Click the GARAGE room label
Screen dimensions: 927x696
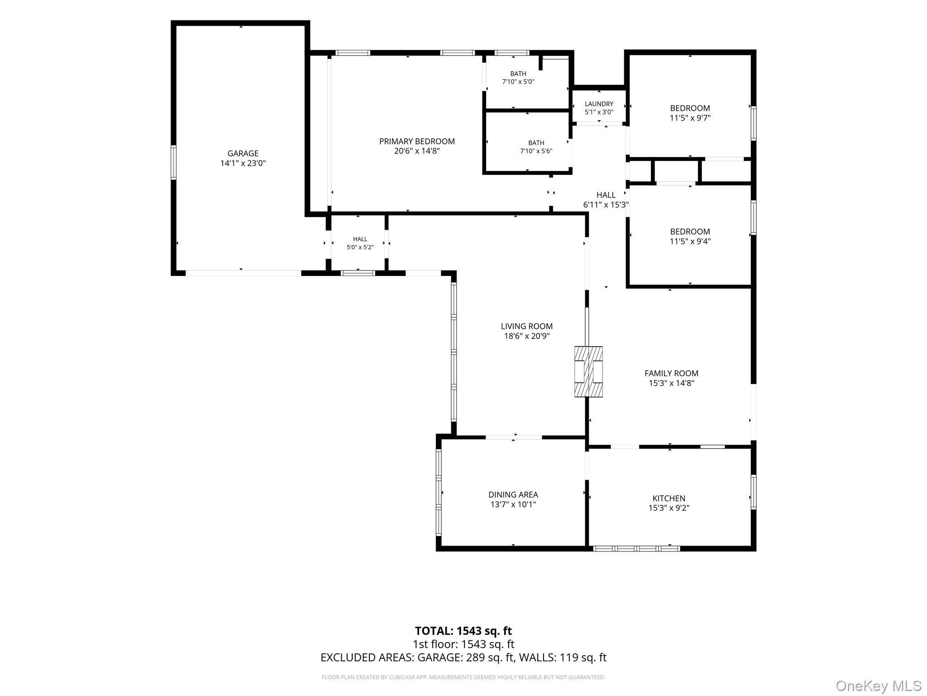pyautogui.click(x=243, y=154)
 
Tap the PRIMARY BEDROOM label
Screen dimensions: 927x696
pyautogui.click(x=417, y=141)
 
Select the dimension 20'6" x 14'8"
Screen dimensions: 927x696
pyautogui.click(x=417, y=151)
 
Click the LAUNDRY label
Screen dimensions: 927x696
pyautogui.click(x=599, y=104)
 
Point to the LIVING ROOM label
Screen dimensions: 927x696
pyautogui.click(x=527, y=326)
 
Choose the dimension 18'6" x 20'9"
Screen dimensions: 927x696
pyautogui.click(x=527, y=336)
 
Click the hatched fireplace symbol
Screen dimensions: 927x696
pyautogui.click(x=588, y=372)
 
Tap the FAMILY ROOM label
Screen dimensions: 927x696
pyautogui.click(x=671, y=373)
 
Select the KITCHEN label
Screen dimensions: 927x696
pyautogui.click(x=669, y=498)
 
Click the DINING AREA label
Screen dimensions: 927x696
pyautogui.click(x=513, y=495)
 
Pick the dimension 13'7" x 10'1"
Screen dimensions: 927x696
pyautogui.click(x=513, y=505)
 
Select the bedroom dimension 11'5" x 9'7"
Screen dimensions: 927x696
pyautogui.click(x=690, y=118)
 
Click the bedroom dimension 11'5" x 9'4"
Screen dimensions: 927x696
pyautogui.click(x=690, y=242)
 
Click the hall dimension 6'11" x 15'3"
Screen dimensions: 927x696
pyautogui.click(x=606, y=205)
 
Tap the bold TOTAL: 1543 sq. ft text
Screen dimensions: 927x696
pyautogui.click(x=463, y=631)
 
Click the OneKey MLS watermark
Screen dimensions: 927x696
pyautogui.click(x=879, y=686)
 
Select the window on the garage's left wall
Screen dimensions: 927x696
pyautogui.click(x=173, y=162)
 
